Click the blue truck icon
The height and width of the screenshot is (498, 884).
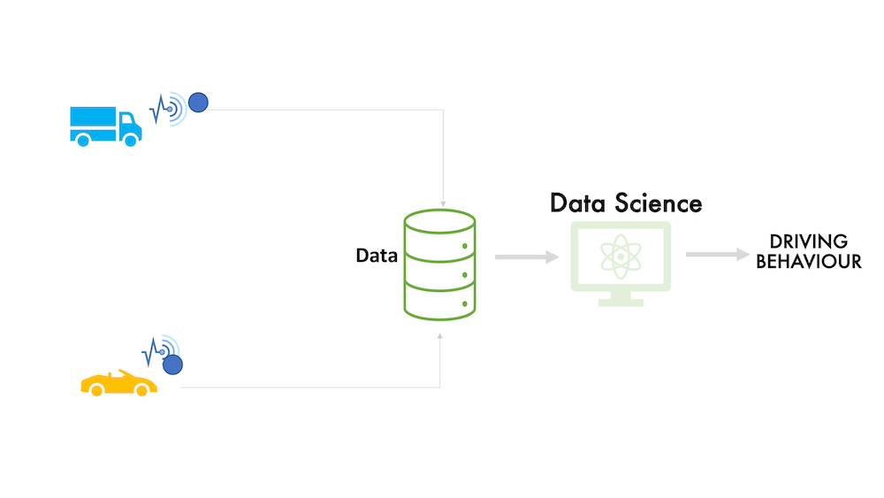point(105,126)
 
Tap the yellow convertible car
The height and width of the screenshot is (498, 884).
point(119,384)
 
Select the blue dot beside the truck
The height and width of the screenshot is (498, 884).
point(198,103)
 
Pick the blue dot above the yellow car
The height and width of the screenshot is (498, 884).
point(172,365)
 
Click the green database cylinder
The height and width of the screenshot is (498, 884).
point(439,265)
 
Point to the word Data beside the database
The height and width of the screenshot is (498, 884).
point(377,256)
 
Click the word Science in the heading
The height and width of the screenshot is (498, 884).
point(659,203)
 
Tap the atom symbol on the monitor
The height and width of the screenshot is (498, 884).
point(621,257)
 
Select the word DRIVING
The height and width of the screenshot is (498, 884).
point(809,241)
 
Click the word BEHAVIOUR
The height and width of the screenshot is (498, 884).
point(809,262)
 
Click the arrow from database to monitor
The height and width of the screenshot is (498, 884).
point(527,257)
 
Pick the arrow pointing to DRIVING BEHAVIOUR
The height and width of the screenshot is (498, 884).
point(718,255)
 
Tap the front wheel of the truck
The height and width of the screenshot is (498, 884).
point(130,141)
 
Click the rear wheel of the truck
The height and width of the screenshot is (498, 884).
point(83,141)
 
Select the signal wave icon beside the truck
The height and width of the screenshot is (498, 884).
point(168,109)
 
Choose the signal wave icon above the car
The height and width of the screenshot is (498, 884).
point(161,351)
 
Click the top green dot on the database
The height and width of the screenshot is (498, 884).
point(465,247)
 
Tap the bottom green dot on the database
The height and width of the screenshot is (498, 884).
point(465,304)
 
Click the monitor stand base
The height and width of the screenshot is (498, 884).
point(621,303)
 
